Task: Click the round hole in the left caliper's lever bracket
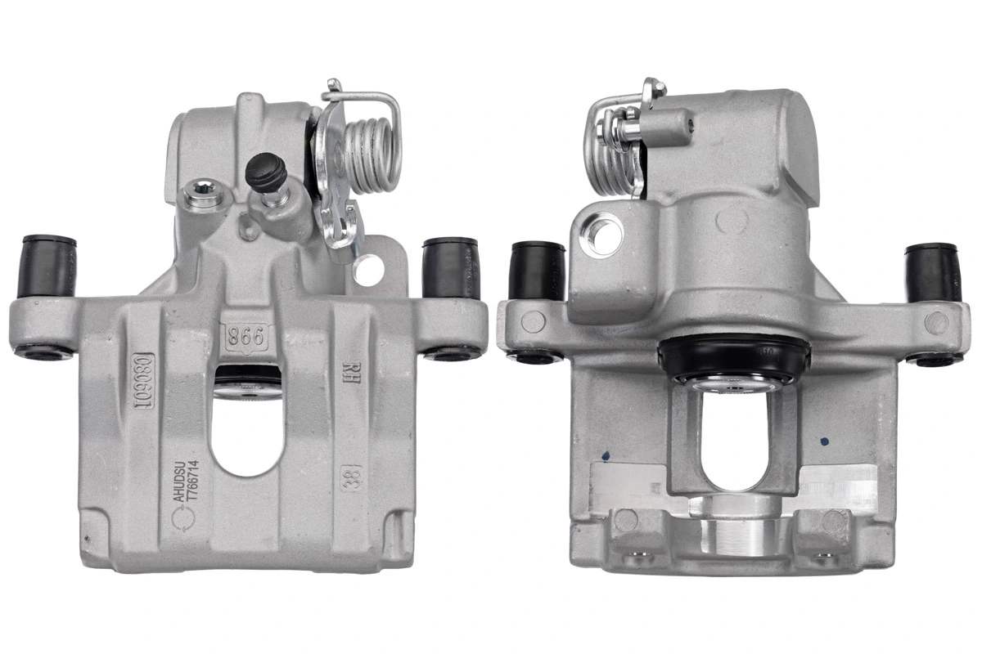coord(368,269)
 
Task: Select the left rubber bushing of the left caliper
coord(48,267)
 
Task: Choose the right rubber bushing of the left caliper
coord(450,267)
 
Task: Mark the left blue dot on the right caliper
coord(604,452)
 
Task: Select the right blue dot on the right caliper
coord(825,441)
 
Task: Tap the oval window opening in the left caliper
coord(246,433)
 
